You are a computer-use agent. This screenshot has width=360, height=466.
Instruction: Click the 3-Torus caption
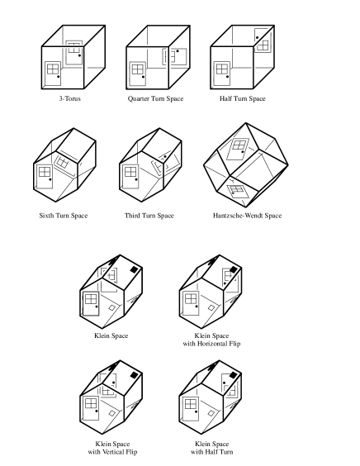click(x=70, y=98)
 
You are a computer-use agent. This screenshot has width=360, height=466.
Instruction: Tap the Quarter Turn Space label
click(x=155, y=98)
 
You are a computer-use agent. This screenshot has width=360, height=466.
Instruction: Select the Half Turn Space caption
click(x=243, y=98)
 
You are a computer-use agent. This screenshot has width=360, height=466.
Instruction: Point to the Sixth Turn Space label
click(x=64, y=216)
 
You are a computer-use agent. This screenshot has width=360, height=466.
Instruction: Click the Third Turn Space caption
click(x=149, y=216)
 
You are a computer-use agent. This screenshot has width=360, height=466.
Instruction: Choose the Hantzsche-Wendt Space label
click(x=247, y=216)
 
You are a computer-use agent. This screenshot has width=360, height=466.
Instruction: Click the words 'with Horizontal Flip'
click(x=211, y=344)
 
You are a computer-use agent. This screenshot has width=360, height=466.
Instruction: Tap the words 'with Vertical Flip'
click(x=112, y=452)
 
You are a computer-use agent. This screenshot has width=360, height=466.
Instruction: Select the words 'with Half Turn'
click(x=211, y=452)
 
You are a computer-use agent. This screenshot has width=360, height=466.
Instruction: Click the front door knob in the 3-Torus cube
click(x=59, y=77)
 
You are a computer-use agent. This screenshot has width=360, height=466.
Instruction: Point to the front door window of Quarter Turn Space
click(x=138, y=69)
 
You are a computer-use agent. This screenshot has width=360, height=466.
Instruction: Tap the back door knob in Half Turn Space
click(x=258, y=38)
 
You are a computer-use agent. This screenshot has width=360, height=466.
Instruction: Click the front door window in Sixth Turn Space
click(x=45, y=172)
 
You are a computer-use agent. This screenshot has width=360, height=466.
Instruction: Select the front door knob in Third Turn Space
click(x=136, y=179)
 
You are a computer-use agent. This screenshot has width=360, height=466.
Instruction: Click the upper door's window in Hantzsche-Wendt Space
click(x=239, y=145)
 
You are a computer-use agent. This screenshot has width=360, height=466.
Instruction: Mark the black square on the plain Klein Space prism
click(x=135, y=269)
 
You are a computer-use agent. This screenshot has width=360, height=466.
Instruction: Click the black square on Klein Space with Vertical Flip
click(x=135, y=375)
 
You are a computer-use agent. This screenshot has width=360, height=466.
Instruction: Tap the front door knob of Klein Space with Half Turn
click(x=197, y=412)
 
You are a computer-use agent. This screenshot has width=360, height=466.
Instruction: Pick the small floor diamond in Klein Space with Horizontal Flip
click(x=211, y=308)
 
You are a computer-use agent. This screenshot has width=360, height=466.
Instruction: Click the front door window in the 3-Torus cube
click(x=53, y=69)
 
